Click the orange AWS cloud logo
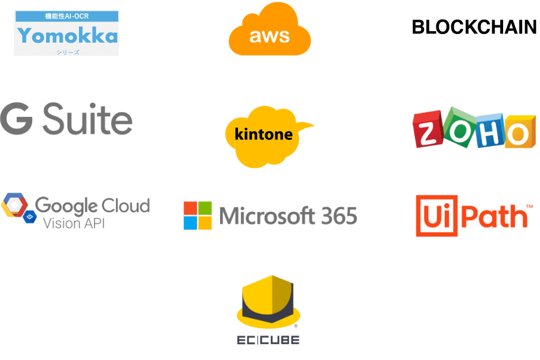pyautogui.click(x=270, y=29)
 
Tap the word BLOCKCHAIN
pyautogui.click(x=474, y=27)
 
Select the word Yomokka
pyautogui.click(x=67, y=36)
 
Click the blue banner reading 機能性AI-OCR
pyautogui.click(x=67, y=16)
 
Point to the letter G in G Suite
pyautogui.click(x=17, y=119)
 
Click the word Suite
pyautogui.click(x=88, y=119)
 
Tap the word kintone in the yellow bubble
pyautogui.click(x=263, y=134)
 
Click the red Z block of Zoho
pyautogui.click(x=428, y=129)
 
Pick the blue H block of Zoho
pyautogui.click(x=490, y=130)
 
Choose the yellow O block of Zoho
pyautogui.click(x=520, y=132)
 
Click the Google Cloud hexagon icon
pyautogui.click(x=14, y=205)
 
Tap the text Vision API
pyautogui.click(x=74, y=223)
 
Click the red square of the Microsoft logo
pyautogui.click(x=190, y=208)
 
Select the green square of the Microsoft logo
pyautogui.click(x=205, y=208)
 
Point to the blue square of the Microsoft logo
pyautogui.click(x=190, y=223)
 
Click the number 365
pyautogui.click(x=339, y=216)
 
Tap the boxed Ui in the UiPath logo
pyautogui.click(x=437, y=216)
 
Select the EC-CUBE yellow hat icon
pyautogui.click(x=269, y=301)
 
